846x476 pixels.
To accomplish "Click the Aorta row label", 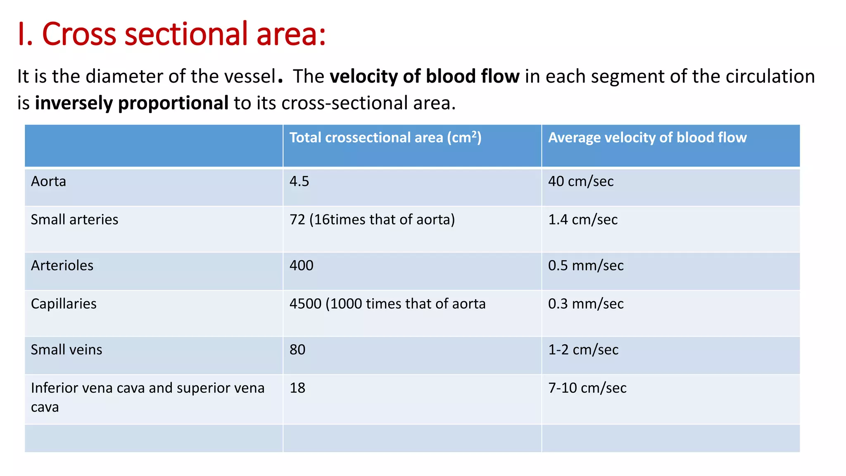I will tap(48, 181).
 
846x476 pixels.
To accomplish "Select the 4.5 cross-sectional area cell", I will tap(299, 181).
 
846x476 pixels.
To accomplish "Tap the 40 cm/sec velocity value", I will tap(580, 181).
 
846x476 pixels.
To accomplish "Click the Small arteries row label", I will tap(74, 219).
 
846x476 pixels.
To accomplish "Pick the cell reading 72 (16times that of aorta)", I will tap(372, 219).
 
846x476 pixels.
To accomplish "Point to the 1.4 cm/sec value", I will tap(582, 219).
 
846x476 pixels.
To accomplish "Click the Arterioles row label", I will tap(62, 265).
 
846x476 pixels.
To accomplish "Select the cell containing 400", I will tap(301, 265).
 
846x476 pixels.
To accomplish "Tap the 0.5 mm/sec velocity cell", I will tap(585, 265).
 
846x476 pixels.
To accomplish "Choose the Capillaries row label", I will tap(64, 304).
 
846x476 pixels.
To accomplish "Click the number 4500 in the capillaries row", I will tap(305, 304).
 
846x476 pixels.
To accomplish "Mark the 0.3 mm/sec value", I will tap(585, 304).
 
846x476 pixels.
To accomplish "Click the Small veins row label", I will tap(66, 350).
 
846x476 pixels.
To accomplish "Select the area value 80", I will tap(297, 350).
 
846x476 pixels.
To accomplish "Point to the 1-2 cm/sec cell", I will tap(583, 350).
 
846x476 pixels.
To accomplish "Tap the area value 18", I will tap(297, 388).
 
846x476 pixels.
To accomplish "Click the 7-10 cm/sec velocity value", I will tap(587, 388).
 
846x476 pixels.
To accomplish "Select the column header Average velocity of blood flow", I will tap(647, 138).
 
